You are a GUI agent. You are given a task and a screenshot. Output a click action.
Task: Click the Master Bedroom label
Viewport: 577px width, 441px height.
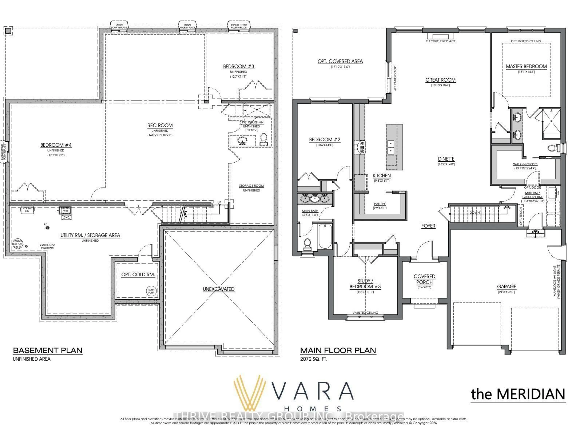tap(526, 66)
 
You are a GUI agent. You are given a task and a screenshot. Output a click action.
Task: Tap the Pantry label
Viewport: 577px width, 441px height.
tap(380, 204)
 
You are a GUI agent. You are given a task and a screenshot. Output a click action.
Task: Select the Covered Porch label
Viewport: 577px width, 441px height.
tap(424, 279)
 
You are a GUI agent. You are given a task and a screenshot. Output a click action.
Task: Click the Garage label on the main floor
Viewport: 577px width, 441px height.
tap(506, 286)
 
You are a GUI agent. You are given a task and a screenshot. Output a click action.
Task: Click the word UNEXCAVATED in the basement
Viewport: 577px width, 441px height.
tap(219, 289)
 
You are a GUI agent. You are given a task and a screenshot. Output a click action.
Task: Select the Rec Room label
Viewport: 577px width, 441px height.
tap(160, 126)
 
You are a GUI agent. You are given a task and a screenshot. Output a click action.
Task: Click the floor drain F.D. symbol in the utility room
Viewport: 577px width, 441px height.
tap(47, 228)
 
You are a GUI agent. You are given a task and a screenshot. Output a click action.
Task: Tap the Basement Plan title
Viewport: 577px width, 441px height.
tap(48, 350)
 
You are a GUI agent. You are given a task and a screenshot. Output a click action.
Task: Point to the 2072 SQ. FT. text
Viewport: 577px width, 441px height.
tap(314, 359)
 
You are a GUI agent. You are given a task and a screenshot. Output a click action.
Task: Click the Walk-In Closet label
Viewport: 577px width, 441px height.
tap(525, 164)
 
